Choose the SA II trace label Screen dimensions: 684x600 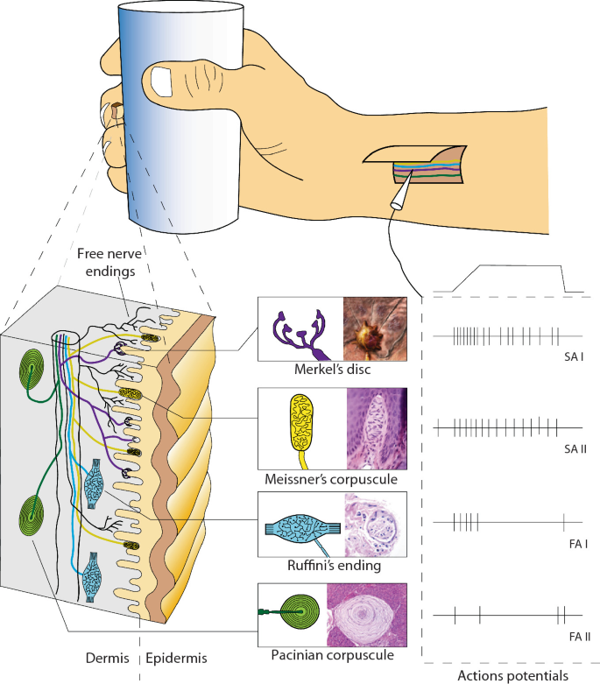pyautogui.click(x=575, y=448)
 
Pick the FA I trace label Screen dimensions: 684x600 pyautogui.click(x=575, y=544)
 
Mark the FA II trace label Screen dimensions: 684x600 pyautogui.click(x=575, y=634)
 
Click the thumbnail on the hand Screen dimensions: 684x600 pyautogui.click(x=163, y=81)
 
